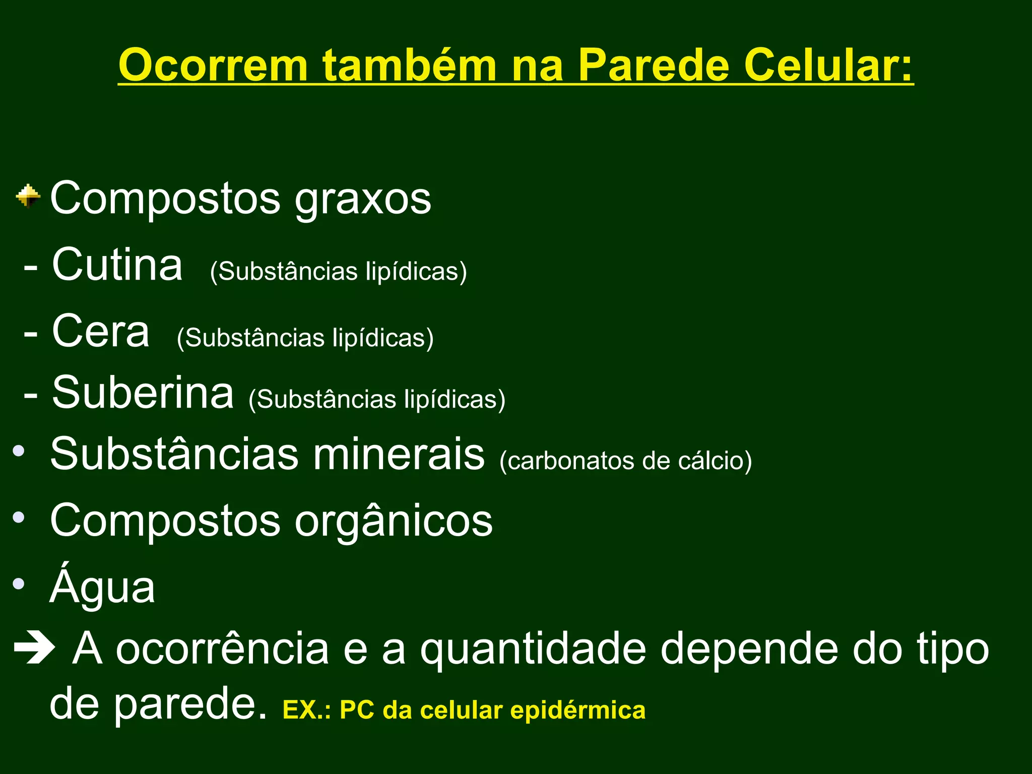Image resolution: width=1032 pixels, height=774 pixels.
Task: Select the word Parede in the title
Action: [653, 66]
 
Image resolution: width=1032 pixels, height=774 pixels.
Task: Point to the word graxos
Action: [363, 199]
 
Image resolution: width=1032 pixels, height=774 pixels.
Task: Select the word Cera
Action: [101, 331]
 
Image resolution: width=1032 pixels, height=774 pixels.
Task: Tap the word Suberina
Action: [143, 393]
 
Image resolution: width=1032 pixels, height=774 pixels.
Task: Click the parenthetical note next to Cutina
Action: [338, 272]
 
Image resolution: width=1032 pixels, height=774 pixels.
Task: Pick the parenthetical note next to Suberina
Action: [377, 400]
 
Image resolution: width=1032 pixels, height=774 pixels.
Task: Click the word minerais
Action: [399, 454]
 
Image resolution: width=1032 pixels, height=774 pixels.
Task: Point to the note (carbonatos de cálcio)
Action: [625, 461]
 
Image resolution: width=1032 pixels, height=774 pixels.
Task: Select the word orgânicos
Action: [394, 521]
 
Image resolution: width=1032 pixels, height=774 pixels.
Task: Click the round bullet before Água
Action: [19, 584]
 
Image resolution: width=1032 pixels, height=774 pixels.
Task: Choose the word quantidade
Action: [533, 650]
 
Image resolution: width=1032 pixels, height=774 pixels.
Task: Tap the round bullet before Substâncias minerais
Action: [19, 450]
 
